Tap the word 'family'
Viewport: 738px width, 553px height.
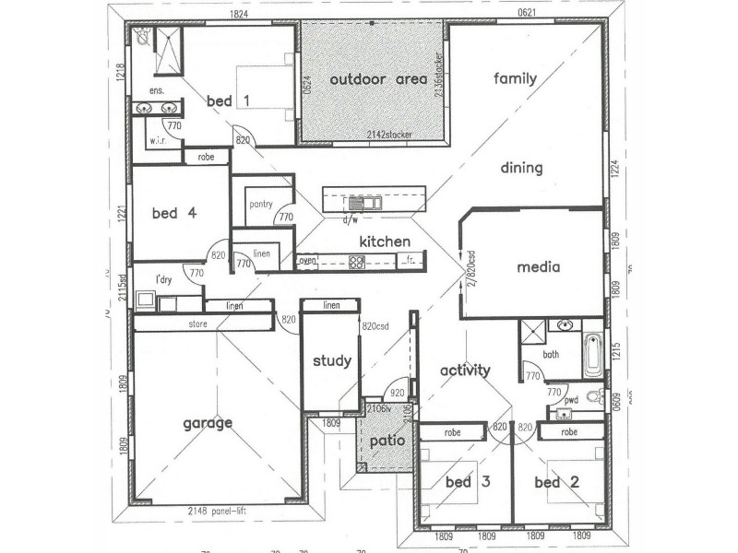coord(515,78)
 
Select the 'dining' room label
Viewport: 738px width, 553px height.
coord(521,168)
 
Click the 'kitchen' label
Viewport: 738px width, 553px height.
coord(385,241)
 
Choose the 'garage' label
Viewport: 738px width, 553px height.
coord(207,423)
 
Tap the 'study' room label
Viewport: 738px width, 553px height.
coord(331,360)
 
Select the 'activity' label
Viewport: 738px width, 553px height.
coord(464,371)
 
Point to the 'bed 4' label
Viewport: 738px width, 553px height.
coord(174,213)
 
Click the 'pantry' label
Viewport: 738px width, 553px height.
coord(260,205)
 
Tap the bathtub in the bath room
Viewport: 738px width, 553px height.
coord(593,357)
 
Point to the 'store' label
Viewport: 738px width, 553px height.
coord(197,324)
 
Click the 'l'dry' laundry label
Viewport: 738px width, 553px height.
coord(164,279)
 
